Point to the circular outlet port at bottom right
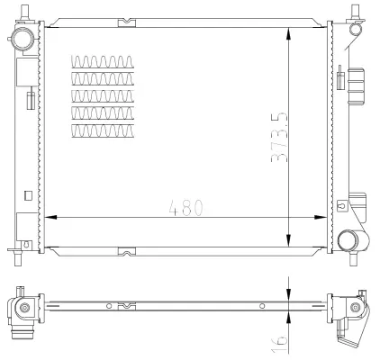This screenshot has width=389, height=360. click(348, 239)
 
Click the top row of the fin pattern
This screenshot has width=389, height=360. click(103, 62)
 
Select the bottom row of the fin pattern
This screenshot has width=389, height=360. click(103, 131)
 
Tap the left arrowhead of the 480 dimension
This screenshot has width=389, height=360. click(50, 217)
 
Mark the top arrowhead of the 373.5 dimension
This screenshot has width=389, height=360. click(287, 31)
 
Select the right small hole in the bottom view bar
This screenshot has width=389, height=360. click(262, 307)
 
